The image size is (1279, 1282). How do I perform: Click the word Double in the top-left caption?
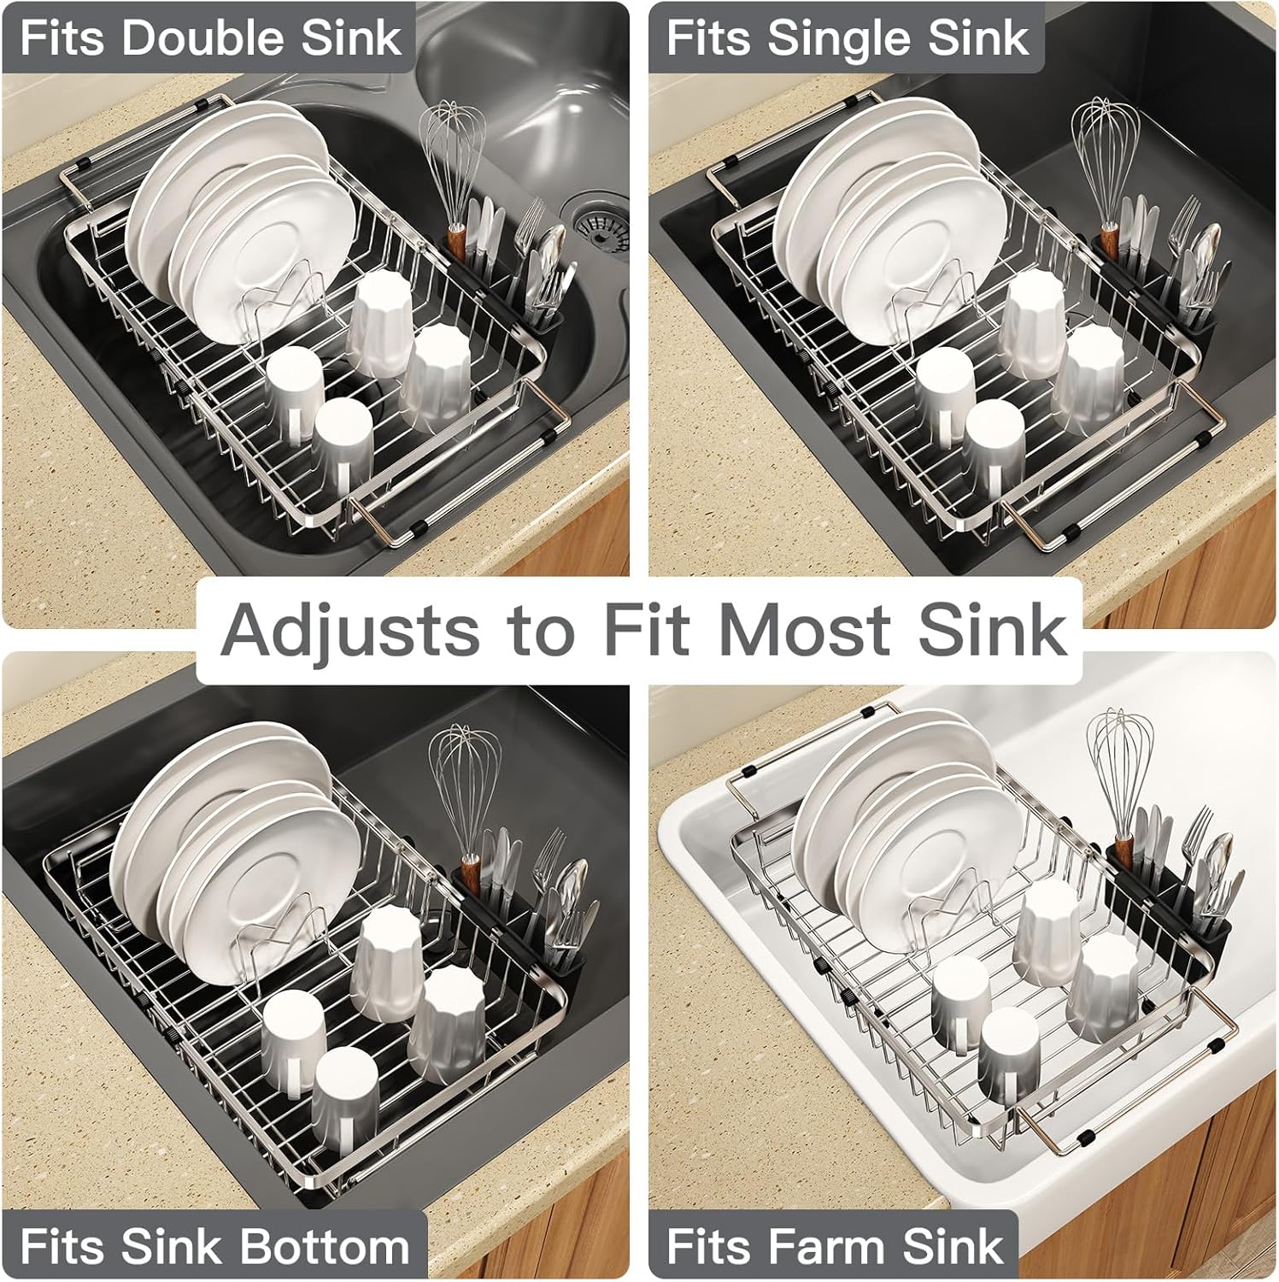point(208,39)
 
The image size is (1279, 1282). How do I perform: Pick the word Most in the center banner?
point(793,630)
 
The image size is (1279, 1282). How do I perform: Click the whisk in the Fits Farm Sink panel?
point(1119,782)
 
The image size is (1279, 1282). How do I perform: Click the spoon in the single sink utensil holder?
point(1206,256)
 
